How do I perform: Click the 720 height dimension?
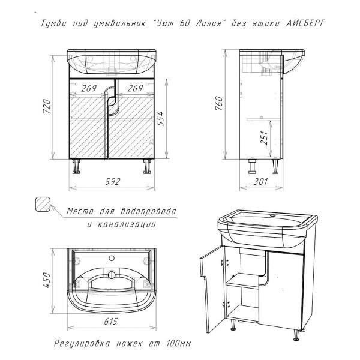click(46, 106)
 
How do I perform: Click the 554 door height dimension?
click(160, 118)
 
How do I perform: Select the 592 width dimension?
click(113, 182)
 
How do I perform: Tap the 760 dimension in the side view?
click(219, 103)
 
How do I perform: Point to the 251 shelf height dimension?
click(264, 137)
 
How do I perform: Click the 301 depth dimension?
click(260, 182)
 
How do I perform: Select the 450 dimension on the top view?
click(46, 280)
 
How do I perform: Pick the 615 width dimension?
click(111, 322)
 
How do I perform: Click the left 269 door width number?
click(89, 88)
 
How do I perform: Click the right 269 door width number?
click(135, 88)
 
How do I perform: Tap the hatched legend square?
click(43, 204)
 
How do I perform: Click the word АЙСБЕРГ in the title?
click(305, 23)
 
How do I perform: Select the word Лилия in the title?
click(208, 23)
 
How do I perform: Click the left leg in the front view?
click(76, 166)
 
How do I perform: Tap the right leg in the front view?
click(147, 166)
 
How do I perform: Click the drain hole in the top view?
click(112, 274)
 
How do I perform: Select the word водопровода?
click(148, 211)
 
